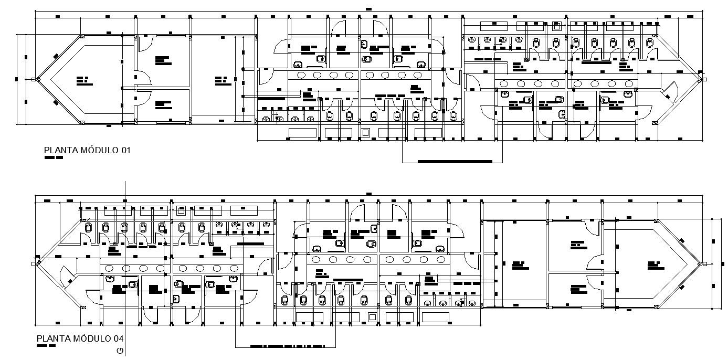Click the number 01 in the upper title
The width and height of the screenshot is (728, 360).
(125, 151)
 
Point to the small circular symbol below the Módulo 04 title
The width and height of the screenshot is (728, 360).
(120, 351)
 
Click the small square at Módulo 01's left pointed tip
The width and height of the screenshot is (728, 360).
(33, 80)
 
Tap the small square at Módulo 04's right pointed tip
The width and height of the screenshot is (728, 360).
(704, 263)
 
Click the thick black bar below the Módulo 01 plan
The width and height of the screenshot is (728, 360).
(455, 161)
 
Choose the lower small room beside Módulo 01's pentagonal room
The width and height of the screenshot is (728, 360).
(163, 105)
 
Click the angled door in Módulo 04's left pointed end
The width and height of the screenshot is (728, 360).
(68, 275)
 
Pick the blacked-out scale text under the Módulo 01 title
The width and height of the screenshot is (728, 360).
(54, 157)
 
